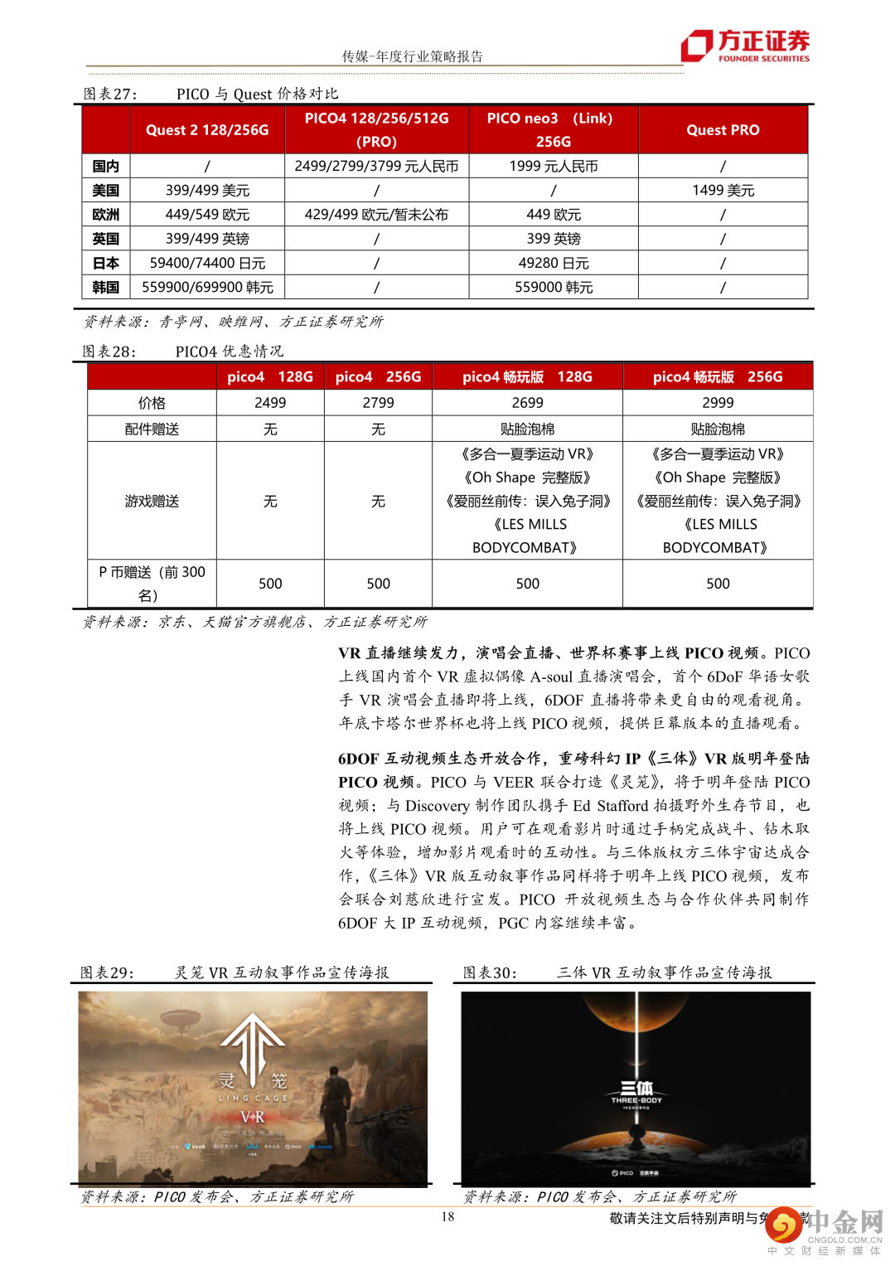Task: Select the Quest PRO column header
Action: tap(723, 130)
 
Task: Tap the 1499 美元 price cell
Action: tap(723, 191)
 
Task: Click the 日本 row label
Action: tap(106, 264)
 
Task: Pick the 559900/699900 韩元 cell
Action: tap(207, 288)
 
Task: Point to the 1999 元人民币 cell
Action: tap(553, 167)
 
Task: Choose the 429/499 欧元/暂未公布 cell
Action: tap(376, 215)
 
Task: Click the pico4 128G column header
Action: tap(270, 377)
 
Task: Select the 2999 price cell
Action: tap(718, 403)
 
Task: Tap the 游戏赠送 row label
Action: tap(152, 502)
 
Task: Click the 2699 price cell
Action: tap(527, 403)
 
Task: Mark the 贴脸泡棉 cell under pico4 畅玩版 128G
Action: tap(527, 429)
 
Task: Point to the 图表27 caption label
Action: tap(110, 94)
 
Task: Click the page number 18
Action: tap(447, 1217)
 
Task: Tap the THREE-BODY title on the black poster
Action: tap(636, 1093)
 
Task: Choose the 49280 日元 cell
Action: tap(553, 264)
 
